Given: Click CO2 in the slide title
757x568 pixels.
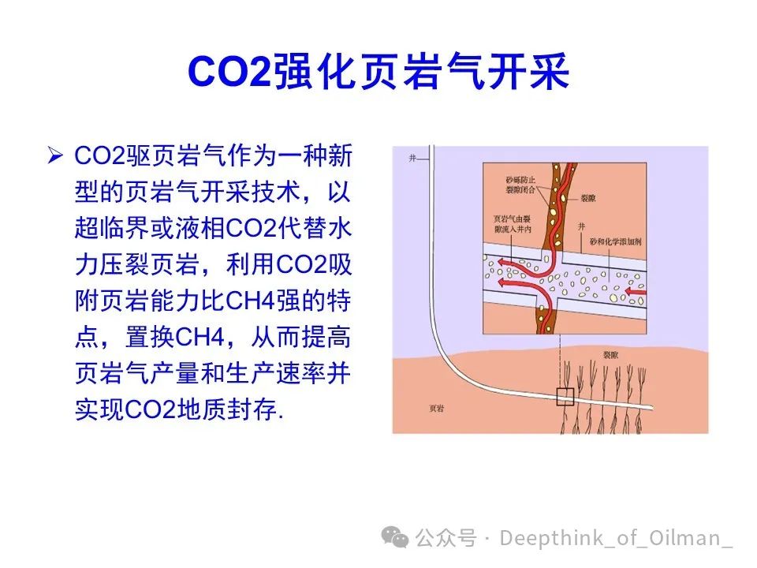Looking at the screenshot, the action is [229, 72].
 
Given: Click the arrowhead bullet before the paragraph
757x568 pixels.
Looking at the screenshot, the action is [55, 155].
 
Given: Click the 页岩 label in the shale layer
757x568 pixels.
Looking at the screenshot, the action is [436, 409].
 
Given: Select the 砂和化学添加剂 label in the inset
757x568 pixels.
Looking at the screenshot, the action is [616, 241].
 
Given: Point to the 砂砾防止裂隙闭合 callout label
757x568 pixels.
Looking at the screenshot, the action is [520, 185].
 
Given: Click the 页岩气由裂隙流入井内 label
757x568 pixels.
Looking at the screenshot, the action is [513, 224].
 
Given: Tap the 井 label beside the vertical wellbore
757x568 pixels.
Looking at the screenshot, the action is [412, 158].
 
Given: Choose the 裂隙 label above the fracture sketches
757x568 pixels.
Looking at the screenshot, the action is [610, 355].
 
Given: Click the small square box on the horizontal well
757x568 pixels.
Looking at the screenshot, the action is [565, 397].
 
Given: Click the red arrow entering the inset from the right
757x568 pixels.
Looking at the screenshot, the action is [636, 291].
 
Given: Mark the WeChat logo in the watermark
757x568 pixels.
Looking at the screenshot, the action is [395, 537].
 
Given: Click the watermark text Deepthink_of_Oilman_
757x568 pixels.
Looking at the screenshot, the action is [616, 538].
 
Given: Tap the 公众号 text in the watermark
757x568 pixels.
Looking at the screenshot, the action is [446, 537].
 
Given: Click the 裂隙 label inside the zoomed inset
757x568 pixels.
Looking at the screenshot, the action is [588, 199].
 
